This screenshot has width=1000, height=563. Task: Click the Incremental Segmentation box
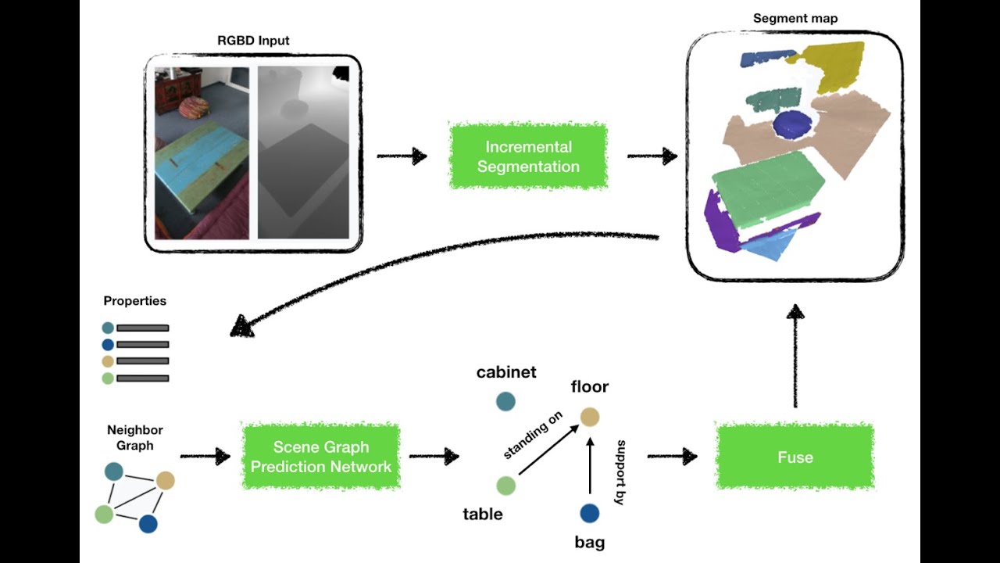tap(528, 156)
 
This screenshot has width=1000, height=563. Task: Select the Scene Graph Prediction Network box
tap(321, 457)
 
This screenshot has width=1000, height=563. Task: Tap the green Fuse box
tap(795, 457)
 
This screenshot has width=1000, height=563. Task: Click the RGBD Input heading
tap(253, 40)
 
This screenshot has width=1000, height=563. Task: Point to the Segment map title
tap(795, 18)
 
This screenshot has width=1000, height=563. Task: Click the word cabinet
tap(506, 372)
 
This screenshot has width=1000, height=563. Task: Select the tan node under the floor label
tap(590, 417)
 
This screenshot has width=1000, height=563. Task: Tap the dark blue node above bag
tap(590, 513)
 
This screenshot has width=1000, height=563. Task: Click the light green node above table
tap(505, 486)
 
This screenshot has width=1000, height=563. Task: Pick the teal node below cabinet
tap(505, 401)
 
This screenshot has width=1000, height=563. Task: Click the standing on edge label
tap(533, 436)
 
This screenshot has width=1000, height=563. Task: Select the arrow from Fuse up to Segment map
tap(795, 356)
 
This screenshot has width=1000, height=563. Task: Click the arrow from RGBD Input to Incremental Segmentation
tap(402, 156)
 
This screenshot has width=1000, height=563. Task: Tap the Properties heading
tap(135, 301)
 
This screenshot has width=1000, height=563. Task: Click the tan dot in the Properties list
tap(108, 361)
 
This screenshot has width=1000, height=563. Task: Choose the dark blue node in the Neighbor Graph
tap(148, 524)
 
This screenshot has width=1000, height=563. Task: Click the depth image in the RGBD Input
tap(303, 152)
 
